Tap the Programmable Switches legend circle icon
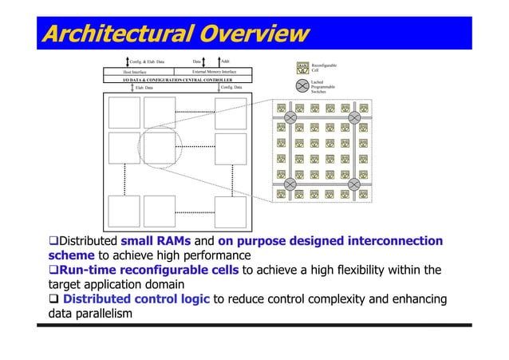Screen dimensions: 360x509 pyautogui.click(x=302, y=86)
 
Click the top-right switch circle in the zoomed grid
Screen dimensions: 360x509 pyautogui.click(x=355, y=118)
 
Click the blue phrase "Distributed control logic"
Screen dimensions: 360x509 pyautogui.click(x=138, y=299)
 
